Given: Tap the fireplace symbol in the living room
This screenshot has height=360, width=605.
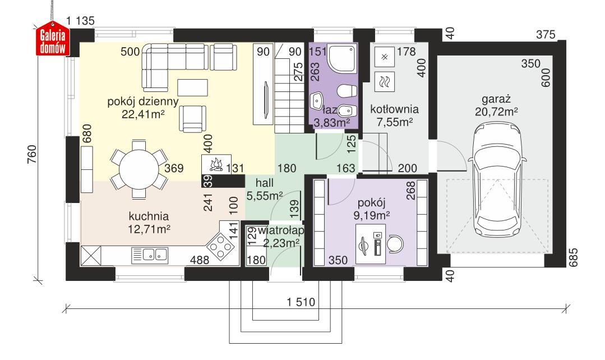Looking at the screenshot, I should pyautogui.click(x=215, y=164).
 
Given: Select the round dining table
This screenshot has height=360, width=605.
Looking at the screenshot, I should pyautogui.click(x=137, y=167).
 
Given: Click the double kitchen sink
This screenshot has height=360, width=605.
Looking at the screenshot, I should pyautogui.click(x=150, y=255).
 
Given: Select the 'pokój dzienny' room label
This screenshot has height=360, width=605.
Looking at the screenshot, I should pyautogui.click(x=143, y=102).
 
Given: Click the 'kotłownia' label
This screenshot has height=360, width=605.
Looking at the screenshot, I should pyautogui.click(x=395, y=109).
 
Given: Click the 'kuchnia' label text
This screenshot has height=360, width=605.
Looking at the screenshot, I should pyautogui.click(x=149, y=216).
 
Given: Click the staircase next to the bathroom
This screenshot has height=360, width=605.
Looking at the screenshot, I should pyautogui.click(x=289, y=101).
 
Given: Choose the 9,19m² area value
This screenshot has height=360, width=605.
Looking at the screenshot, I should pyautogui.click(x=372, y=214).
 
